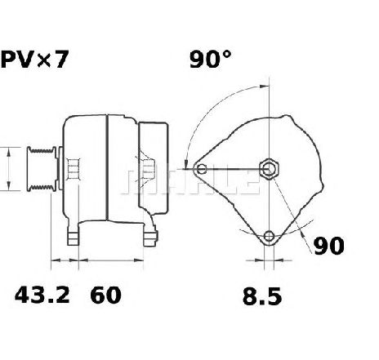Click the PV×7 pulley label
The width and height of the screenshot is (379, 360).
[34, 60]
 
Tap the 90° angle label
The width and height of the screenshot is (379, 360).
[210, 59]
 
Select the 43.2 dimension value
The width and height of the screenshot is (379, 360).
[42, 296]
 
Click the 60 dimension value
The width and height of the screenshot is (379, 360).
[105, 296]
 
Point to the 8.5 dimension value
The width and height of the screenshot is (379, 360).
[262, 296]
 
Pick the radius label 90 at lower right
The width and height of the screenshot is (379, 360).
[329, 246]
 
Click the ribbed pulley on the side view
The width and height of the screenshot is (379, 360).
[42, 169]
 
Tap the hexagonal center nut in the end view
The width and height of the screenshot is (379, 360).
[269, 169]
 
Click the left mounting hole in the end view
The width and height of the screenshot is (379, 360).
[202, 169]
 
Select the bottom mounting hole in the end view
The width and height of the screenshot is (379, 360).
[269, 236]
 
